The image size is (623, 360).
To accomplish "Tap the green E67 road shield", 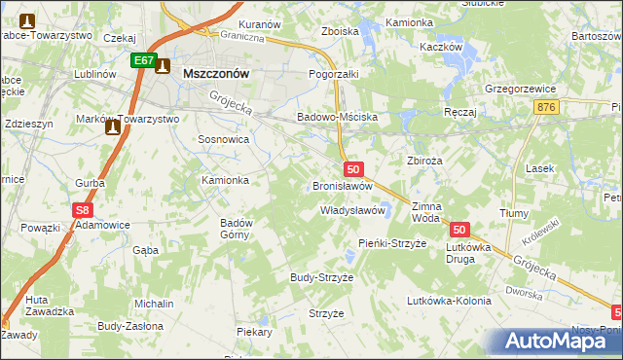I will coord(144,60).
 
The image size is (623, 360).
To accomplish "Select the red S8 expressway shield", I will coord(85,209).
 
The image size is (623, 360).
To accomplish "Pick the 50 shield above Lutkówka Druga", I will coord(460,230).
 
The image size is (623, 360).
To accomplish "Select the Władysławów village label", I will coord(354,210).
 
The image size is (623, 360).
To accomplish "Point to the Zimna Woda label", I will coord(426,213).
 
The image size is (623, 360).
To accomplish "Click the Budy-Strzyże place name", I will coord(321,277).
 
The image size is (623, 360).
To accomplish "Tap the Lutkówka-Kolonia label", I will coord(449,301).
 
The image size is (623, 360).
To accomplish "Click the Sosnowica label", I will coord(224,139).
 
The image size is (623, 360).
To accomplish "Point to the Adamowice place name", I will coord(103,225).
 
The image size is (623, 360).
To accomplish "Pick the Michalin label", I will coord(154,304).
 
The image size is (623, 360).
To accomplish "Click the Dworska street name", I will coord(523,290).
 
